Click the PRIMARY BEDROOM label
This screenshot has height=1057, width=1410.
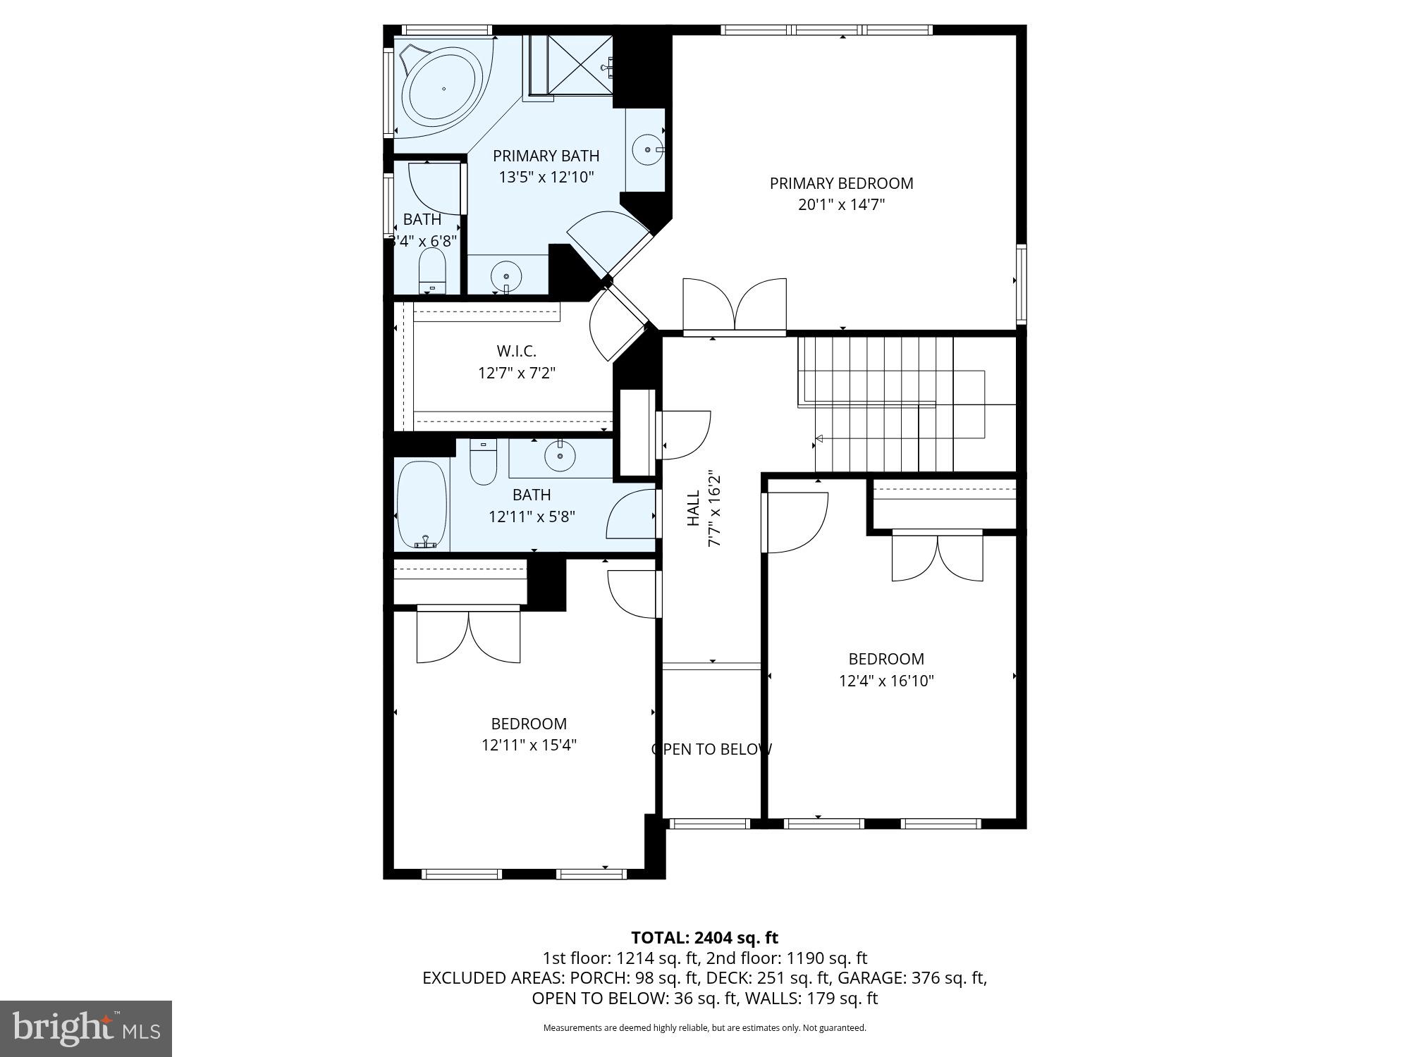(x=841, y=183)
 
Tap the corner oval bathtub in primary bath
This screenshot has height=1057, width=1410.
(x=443, y=89)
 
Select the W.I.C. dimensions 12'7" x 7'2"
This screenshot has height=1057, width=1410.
(x=517, y=373)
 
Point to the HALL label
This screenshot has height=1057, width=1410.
(x=694, y=508)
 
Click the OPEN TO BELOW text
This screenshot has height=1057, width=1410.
(x=711, y=749)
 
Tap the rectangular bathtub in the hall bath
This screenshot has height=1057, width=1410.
(x=422, y=505)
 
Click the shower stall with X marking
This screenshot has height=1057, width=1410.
(x=580, y=64)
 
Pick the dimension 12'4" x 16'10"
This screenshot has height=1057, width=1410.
(x=886, y=681)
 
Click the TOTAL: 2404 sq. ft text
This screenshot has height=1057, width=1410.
(x=704, y=938)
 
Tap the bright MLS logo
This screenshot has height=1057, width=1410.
(x=86, y=1030)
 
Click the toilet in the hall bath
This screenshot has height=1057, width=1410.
(x=483, y=463)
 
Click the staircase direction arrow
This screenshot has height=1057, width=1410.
(x=819, y=439)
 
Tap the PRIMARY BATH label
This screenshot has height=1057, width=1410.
(x=546, y=156)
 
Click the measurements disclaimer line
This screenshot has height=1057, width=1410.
(x=704, y=1028)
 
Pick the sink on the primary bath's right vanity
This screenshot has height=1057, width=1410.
(x=647, y=149)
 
